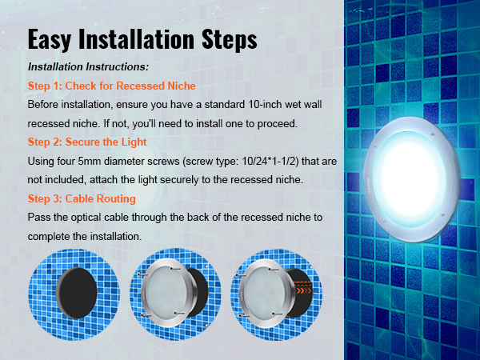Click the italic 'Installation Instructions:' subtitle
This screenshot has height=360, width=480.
coord(88,67)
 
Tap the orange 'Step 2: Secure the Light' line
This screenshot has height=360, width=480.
coord(86,142)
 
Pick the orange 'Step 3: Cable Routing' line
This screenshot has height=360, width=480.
coord(82,198)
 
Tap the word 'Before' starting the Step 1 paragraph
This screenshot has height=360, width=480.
coord(44,105)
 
